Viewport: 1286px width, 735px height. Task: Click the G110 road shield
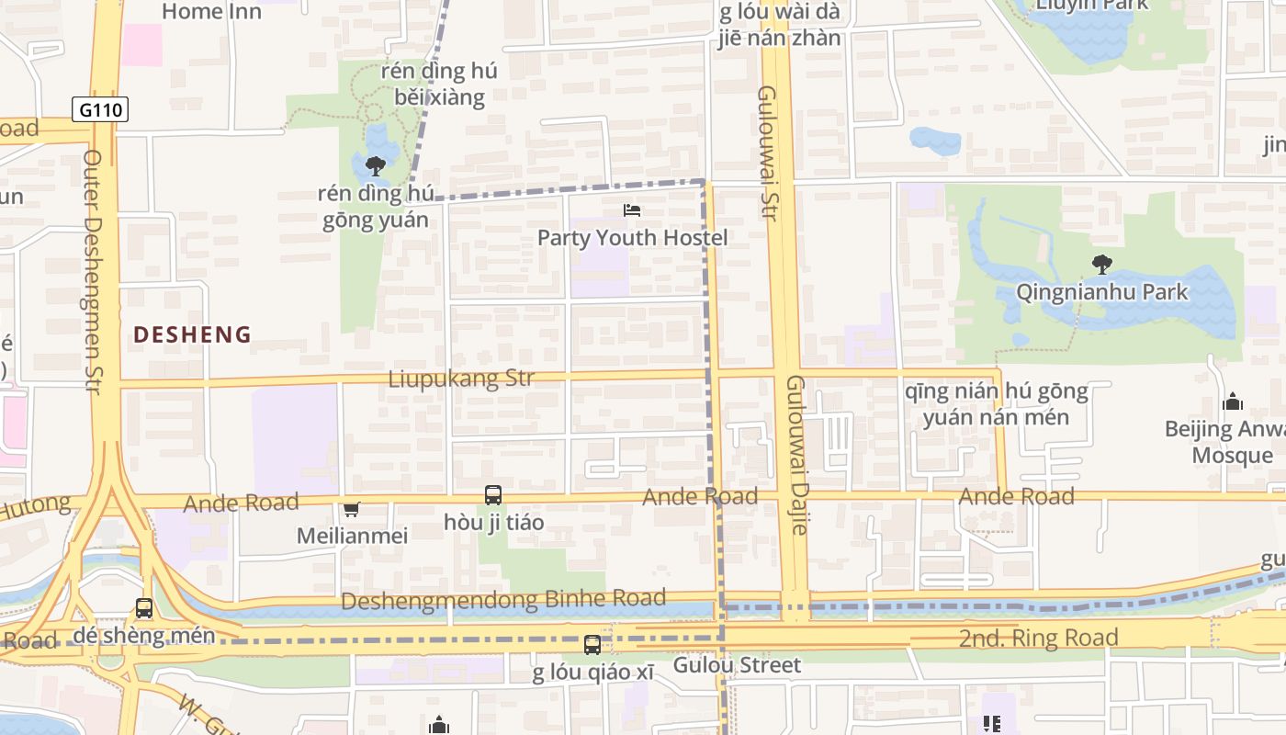click(x=99, y=110)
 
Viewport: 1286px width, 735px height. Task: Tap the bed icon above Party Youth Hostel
click(x=632, y=210)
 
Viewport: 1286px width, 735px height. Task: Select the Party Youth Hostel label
click(x=632, y=238)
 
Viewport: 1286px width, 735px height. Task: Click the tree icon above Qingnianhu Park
click(x=1101, y=266)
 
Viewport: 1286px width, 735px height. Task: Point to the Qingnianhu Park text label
click(x=1101, y=292)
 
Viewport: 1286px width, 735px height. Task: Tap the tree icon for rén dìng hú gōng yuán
click(x=375, y=166)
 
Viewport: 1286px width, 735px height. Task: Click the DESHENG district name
click(x=192, y=334)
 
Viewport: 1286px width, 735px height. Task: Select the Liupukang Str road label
click(x=461, y=379)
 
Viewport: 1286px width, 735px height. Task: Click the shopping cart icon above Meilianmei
click(x=351, y=509)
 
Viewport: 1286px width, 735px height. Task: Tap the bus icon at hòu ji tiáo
click(x=493, y=495)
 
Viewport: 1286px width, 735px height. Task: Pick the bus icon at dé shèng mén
click(x=144, y=608)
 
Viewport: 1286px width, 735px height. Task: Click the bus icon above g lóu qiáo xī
click(x=592, y=645)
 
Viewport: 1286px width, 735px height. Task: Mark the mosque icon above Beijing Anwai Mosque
click(x=1233, y=401)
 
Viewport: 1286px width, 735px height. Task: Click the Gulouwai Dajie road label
click(x=796, y=455)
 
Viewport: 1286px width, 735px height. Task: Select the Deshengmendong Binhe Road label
click(x=503, y=600)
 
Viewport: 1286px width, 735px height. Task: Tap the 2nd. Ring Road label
click(x=1038, y=638)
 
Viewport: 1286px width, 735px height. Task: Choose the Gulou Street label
click(x=737, y=664)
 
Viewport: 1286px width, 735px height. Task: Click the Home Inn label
click(x=211, y=11)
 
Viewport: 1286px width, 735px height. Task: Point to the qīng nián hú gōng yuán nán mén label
click(x=996, y=404)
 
